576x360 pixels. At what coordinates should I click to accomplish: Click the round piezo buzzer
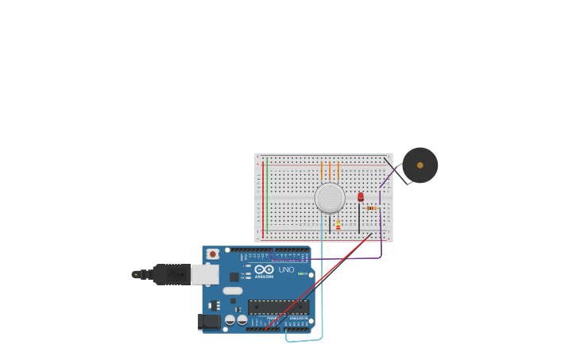[x=419, y=165]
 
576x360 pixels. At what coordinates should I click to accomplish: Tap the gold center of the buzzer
[x=419, y=165]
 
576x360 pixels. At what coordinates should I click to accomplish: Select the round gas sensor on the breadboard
[x=330, y=198]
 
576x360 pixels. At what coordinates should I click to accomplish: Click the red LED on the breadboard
[x=360, y=196]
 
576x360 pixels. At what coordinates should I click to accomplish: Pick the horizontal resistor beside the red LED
[x=372, y=208]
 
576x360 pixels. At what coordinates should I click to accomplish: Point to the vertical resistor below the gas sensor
[x=338, y=225]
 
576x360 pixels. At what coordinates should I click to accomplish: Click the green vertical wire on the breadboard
[x=267, y=195]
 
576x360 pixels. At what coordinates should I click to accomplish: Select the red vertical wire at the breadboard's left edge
[x=262, y=199]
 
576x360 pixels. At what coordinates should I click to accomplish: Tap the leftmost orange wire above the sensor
[x=322, y=172]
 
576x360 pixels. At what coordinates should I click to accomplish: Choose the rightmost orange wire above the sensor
[x=338, y=172]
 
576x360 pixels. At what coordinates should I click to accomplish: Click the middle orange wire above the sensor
[x=330, y=172]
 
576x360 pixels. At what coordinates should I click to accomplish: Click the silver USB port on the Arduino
[x=204, y=274]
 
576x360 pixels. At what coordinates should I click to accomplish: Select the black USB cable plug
[x=170, y=274]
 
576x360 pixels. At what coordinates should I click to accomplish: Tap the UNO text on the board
[x=286, y=270]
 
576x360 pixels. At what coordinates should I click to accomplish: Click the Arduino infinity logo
[x=265, y=269]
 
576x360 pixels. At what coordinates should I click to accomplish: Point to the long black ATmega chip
[x=278, y=307]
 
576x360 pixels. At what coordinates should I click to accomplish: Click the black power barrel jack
[x=209, y=322]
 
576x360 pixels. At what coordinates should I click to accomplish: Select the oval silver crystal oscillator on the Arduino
[x=232, y=291]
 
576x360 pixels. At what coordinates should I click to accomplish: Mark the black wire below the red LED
[x=359, y=219]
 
